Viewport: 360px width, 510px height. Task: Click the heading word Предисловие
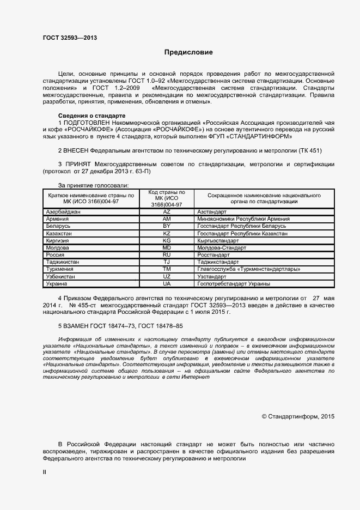(x=189, y=52)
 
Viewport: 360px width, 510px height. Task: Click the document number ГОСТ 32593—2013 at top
(x=70, y=38)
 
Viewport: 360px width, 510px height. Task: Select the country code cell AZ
(x=167, y=211)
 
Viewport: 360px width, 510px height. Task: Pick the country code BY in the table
(x=167, y=226)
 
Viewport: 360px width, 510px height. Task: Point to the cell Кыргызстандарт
(x=218, y=240)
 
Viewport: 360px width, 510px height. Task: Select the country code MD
(x=167, y=247)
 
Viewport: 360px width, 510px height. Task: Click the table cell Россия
(x=56, y=254)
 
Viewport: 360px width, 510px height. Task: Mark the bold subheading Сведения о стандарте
(x=91, y=116)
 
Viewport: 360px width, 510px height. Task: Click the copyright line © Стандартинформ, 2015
(x=298, y=416)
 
